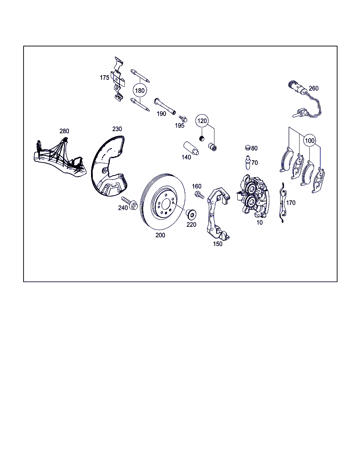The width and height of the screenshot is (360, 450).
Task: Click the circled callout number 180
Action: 140,91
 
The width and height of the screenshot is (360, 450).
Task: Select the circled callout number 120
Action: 202,121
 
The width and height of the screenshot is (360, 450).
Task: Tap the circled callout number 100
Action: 310,141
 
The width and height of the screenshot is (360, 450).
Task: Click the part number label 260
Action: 314,89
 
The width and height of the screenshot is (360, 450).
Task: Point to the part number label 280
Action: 64,131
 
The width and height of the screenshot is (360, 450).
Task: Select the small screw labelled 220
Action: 191,213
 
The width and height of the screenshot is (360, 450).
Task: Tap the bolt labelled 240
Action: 129,202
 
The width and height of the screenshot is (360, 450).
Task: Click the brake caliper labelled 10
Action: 253,195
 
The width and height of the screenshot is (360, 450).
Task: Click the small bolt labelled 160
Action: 199,195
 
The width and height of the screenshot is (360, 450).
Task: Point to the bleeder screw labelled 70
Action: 248,163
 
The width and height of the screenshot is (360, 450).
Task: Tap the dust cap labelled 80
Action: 247,148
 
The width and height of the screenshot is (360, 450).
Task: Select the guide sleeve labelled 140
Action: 191,149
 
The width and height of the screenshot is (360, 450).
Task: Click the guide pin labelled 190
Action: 165,106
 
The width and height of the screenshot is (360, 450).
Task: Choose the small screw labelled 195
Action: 183,119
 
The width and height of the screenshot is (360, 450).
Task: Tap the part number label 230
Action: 117,129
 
